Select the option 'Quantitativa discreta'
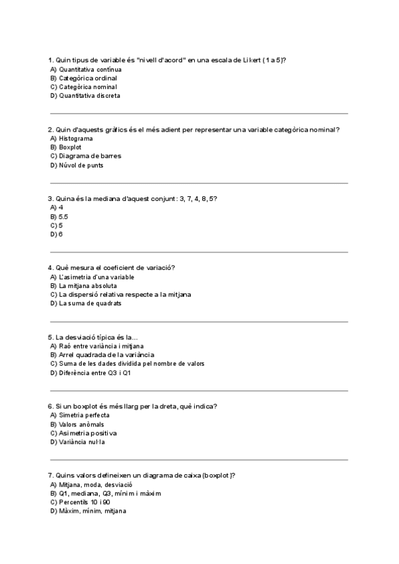(x=89, y=95)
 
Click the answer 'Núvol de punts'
(x=80, y=165)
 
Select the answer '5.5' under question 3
(x=63, y=217)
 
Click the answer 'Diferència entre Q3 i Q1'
(x=94, y=372)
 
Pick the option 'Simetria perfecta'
(x=84, y=416)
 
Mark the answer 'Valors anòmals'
(x=80, y=424)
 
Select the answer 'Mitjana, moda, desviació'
(x=96, y=485)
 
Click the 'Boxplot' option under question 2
(x=70, y=147)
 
